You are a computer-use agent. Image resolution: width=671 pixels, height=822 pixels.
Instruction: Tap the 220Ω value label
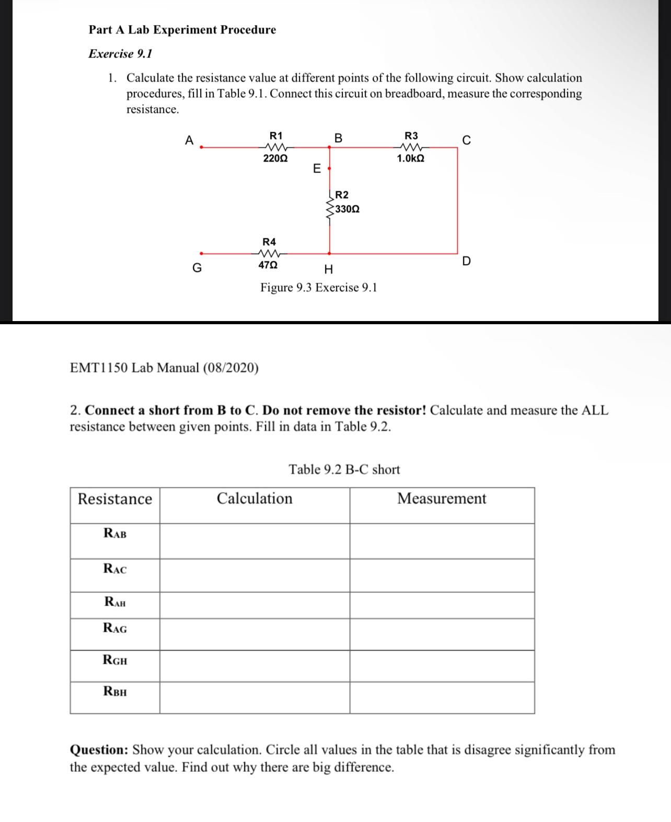[275, 158]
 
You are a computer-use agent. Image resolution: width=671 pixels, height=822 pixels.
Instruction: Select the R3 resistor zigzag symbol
[411, 147]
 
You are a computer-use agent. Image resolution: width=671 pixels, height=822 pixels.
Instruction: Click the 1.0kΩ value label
[410, 158]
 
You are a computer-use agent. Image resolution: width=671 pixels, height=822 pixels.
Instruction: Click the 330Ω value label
[348, 209]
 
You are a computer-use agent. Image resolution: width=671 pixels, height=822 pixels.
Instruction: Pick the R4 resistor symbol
[269, 254]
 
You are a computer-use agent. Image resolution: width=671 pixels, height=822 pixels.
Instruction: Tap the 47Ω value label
[268, 265]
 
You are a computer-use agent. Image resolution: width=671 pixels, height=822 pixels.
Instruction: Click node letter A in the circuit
[189, 140]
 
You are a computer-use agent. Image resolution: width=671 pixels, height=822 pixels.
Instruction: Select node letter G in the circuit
[197, 268]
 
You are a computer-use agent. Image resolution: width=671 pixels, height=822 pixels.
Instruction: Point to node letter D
[467, 261]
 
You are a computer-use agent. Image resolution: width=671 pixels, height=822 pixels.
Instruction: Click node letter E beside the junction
[317, 168]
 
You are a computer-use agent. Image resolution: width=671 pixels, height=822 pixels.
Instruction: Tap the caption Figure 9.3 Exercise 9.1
[319, 288]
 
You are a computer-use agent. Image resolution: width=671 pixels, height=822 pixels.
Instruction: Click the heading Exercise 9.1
[120, 54]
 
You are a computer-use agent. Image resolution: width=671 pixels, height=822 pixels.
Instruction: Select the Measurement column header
[442, 498]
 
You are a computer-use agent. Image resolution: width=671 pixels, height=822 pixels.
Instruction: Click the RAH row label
[115, 602]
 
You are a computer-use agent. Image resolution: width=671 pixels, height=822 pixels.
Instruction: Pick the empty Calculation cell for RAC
[254, 575]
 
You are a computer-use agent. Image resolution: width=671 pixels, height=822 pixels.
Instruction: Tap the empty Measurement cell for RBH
[442, 698]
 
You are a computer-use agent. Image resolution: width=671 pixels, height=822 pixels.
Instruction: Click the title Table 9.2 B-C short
[344, 470]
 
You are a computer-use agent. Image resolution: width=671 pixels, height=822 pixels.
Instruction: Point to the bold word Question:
[99, 750]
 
